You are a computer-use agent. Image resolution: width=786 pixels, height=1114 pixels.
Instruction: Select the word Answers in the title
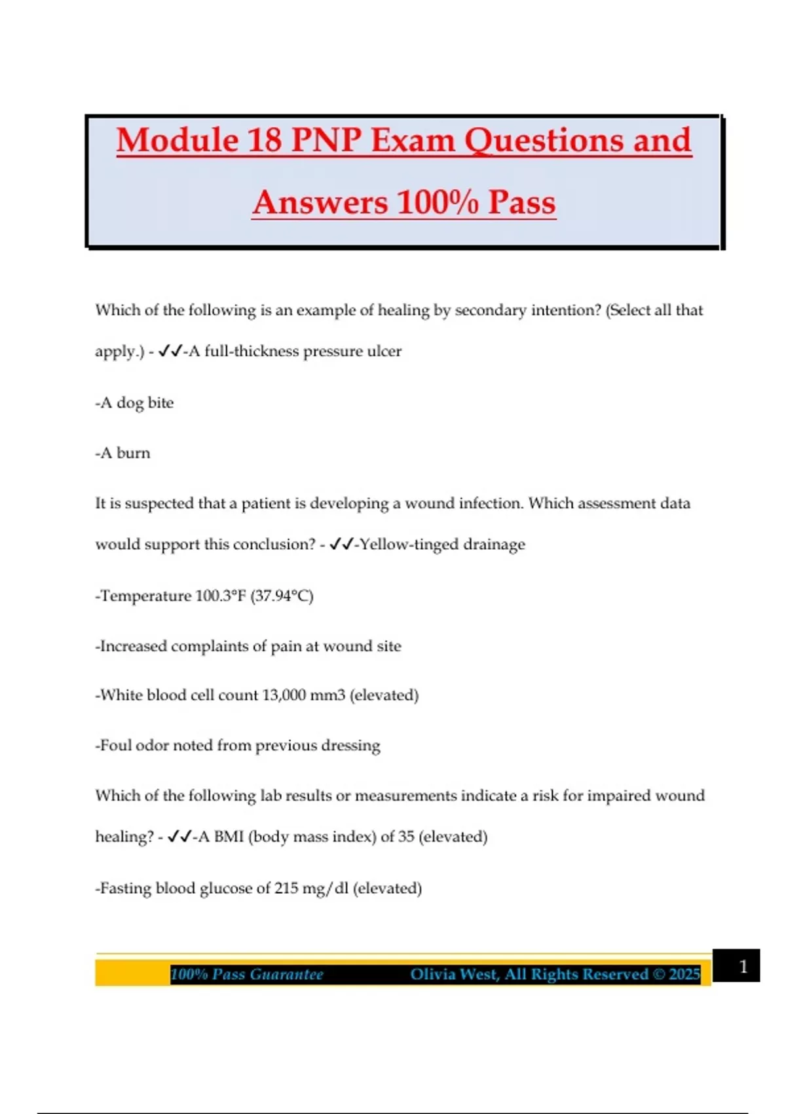pyautogui.click(x=320, y=202)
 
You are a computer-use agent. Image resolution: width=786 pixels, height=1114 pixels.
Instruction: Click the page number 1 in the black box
pyautogui.click(x=743, y=967)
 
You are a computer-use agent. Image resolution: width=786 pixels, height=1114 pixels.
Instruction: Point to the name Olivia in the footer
pyautogui.click(x=433, y=974)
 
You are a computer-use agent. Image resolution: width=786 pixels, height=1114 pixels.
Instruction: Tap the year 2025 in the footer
pyautogui.click(x=684, y=974)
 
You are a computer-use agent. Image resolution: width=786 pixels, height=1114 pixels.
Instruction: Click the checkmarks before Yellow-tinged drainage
pyautogui.click(x=342, y=545)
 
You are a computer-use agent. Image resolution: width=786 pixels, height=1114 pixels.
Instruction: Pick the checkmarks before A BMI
pyautogui.click(x=179, y=837)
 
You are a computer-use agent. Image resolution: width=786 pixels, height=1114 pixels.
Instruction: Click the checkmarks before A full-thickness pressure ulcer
pyautogui.click(x=170, y=351)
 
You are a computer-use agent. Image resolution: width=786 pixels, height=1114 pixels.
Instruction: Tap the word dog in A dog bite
pyautogui.click(x=130, y=403)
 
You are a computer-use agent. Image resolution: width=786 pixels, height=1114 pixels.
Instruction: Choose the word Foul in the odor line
pyautogui.click(x=115, y=746)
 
